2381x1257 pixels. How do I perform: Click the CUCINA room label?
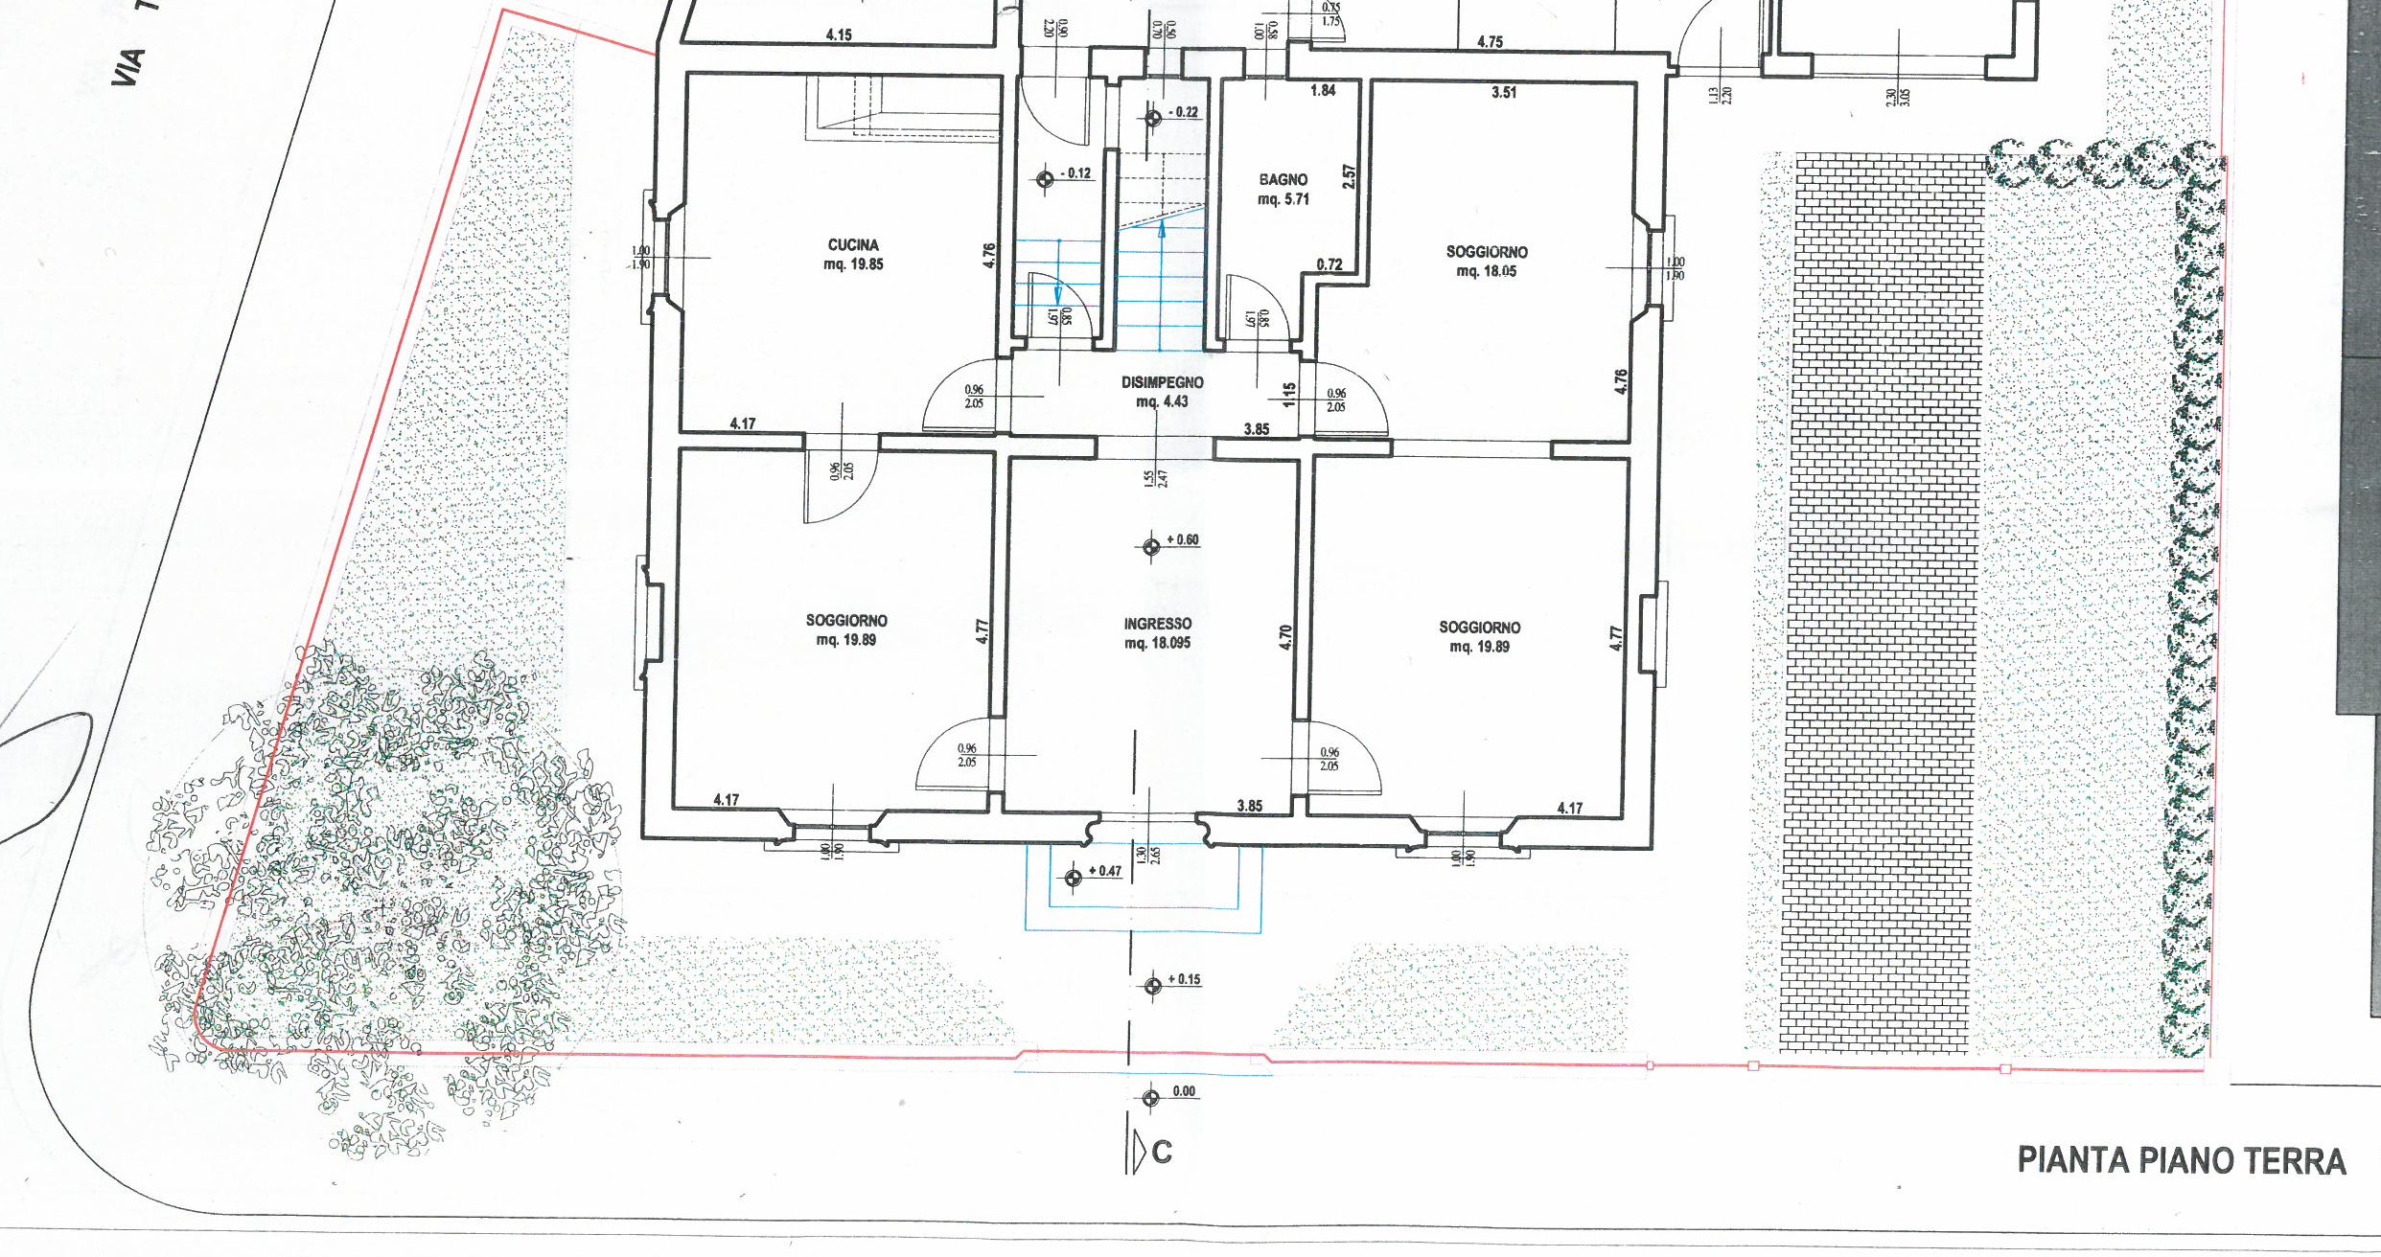pos(853,245)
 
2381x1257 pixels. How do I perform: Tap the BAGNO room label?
pos(1283,180)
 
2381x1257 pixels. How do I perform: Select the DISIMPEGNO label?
pos(1162,382)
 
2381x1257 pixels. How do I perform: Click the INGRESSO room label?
pos(1157,624)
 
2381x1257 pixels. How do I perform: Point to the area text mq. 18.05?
pos(1486,272)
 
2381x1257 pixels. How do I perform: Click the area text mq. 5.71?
pos(1283,200)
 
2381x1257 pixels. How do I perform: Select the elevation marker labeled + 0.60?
pos(1151,546)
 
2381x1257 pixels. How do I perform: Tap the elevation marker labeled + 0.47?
pos(1074,877)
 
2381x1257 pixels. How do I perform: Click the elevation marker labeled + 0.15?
pos(1153,985)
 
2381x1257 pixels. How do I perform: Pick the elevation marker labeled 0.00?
pos(1151,1098)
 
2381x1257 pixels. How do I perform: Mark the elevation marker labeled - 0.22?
pos(1153,118)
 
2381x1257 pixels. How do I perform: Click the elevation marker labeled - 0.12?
pos(1047,179)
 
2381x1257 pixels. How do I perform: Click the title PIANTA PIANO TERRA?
pos(2182,1161)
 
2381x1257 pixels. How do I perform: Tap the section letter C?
pos(1162,1152)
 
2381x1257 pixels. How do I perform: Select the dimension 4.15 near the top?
pos(839,35)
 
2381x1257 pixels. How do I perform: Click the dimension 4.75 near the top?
pos(1490,42)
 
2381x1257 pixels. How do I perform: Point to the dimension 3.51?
pos(1504,93)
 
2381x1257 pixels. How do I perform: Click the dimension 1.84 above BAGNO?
pos(1323,91)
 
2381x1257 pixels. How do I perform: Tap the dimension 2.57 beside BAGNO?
pos(1349,176)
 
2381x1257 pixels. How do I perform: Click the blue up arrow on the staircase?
pos(1162,230)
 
